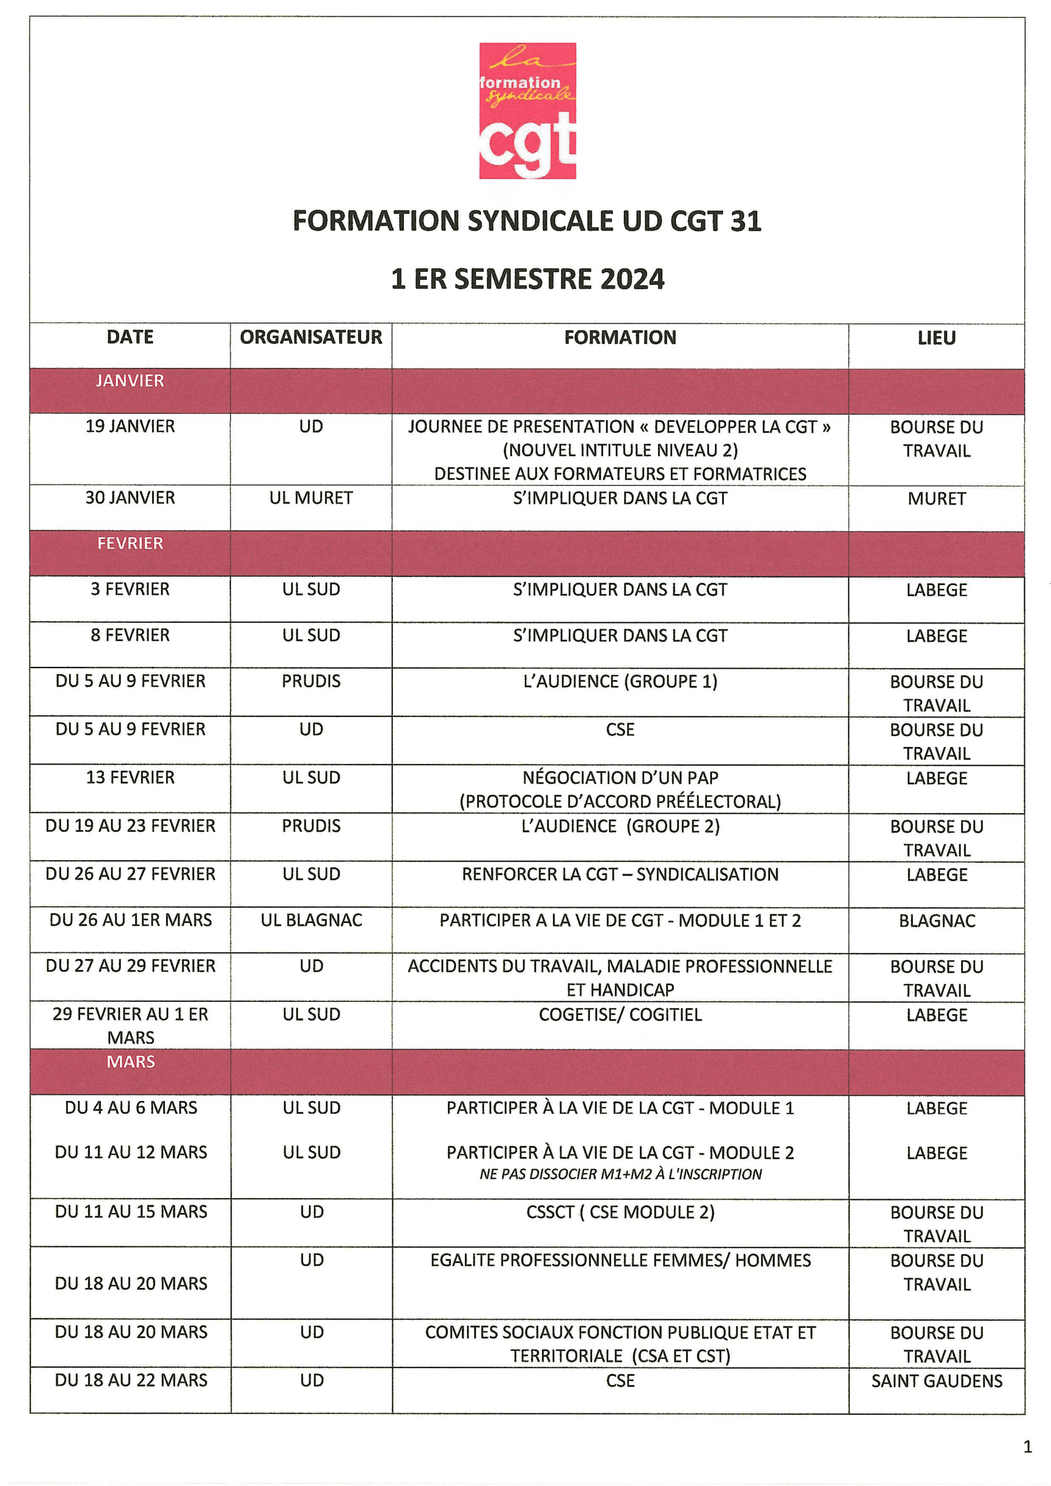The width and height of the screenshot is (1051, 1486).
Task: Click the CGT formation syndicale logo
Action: [527, 111]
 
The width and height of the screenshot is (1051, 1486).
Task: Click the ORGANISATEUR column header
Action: [310, 337]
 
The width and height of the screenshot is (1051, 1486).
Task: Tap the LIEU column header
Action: [936, 338]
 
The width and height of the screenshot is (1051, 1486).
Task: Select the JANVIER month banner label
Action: [130, 381]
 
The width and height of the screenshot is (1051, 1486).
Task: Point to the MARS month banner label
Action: [131, 1062]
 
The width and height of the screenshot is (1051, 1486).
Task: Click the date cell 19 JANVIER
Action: [130, 427]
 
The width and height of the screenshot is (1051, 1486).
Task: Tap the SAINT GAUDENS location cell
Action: [937, 1380]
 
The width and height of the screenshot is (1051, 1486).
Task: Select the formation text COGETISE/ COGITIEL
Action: [620, 1014]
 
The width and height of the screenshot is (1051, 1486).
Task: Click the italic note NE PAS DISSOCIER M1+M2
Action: [620, 1174]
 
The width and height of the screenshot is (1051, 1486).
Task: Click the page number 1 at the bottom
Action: [1027, 1447]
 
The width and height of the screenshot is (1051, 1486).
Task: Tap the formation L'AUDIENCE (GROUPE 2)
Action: [620, 827]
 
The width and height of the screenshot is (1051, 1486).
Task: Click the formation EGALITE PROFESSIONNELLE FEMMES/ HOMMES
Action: [620, 1260]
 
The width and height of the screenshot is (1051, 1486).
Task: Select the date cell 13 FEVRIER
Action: [130, 777]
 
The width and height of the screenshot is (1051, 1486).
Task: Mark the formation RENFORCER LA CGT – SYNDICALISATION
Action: [620, 874]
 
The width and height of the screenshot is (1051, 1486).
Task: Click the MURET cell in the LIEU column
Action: [936, 499]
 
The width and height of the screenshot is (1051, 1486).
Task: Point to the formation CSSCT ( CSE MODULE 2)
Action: [620, 1212]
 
